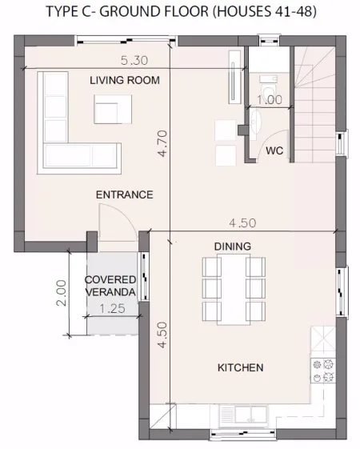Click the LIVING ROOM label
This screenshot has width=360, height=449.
(x=124, y=80)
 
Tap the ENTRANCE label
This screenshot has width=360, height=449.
(x=124, y=194)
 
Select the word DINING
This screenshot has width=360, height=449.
(x=233, y=246)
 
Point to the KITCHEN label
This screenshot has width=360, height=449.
(x=240, y=367)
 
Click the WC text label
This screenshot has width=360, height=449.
(x=274, y=150)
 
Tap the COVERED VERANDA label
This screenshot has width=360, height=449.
(x=110, y=286)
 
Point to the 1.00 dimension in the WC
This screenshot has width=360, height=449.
(x=269, y=99)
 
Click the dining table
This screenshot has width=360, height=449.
(x=233, y=287)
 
